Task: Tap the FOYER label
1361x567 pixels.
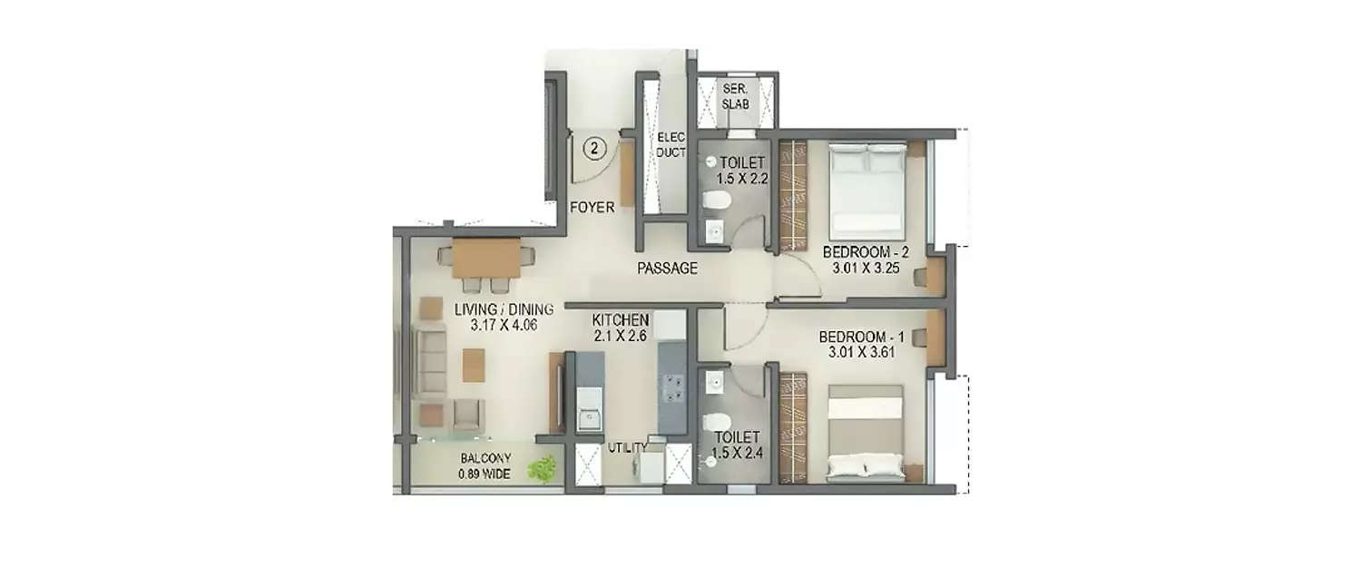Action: [x=592, y=208]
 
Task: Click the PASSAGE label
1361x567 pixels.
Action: [x=667, y=268]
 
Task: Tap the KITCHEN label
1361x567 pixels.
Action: [x=620, y=319]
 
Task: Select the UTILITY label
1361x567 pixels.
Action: [x=627, y=447]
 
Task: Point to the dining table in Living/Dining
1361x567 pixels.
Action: [x=485, y=259]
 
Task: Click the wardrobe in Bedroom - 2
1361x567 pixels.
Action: [x=792, y=195]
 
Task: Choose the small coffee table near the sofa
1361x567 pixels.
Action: [x=472, y=365]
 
